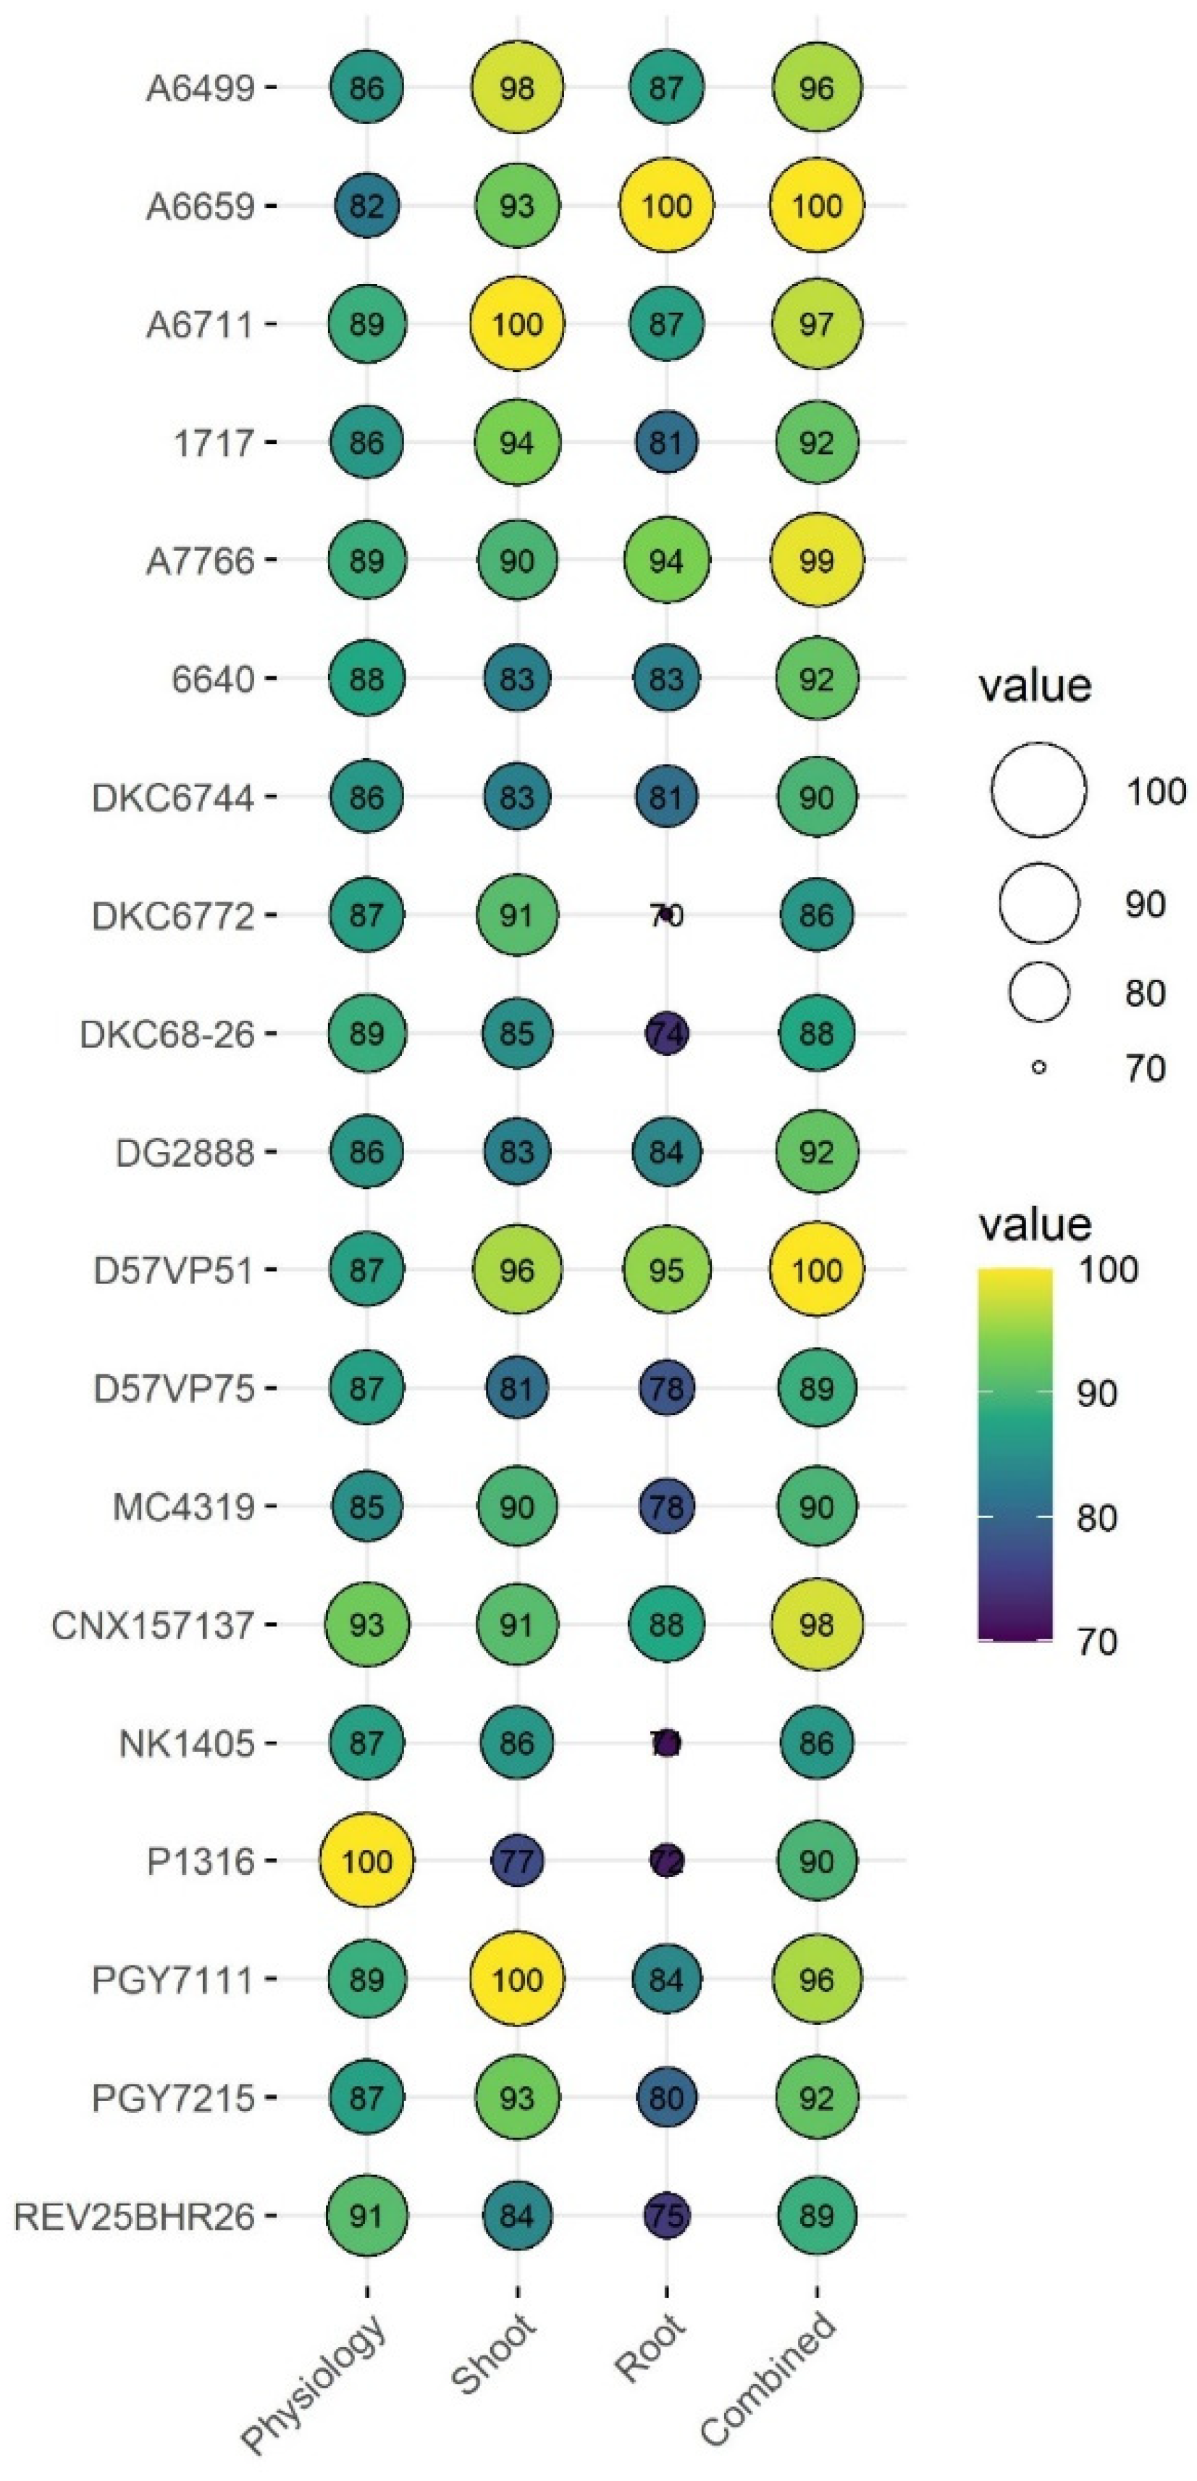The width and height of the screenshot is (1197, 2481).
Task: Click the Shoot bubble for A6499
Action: pos(517,88)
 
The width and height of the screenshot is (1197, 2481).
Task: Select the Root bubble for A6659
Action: pos(666,205)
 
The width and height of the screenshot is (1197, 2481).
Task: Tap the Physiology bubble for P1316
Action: pos(367,1861)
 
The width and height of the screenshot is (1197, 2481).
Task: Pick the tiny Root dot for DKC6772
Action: pos(666,914)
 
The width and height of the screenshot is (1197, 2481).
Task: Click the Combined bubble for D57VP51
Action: pos(817,1269)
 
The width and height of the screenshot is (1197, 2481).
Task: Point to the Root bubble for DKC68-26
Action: pos(666,1033)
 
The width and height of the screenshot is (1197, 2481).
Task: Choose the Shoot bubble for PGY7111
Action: pos(517,1979)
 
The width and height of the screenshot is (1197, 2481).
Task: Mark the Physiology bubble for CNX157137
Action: pos(367,1625)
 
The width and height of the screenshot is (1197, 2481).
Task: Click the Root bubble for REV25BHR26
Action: pos(666,2215)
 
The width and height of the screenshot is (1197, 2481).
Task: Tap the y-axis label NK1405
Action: pos(187,1743)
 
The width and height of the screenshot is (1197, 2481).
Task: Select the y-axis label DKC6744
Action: pos(173,797)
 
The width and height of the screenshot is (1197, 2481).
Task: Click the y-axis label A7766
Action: pos(201,561)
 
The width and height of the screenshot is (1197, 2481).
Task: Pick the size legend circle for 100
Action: pos(1038,790)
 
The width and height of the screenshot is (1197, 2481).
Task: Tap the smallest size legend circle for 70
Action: pos(1038,1067)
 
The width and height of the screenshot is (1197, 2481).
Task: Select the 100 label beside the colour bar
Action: pos(1107,1269)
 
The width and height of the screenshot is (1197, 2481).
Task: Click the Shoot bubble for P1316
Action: pos(517,1861)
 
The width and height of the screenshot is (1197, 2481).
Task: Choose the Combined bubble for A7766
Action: pos(817,561)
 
